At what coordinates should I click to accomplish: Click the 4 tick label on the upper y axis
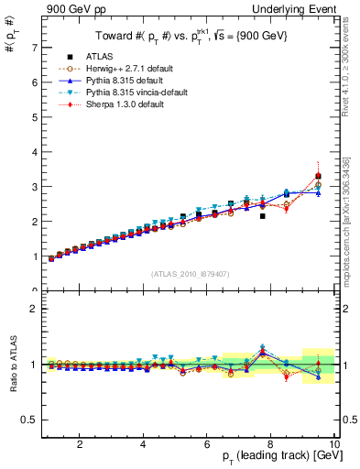click(34, 152)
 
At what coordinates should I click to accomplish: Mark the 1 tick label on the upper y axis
click(34, 256)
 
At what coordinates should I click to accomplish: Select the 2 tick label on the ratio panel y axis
click(34, 309)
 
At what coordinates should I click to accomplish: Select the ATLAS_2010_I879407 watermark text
click(190, 274)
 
